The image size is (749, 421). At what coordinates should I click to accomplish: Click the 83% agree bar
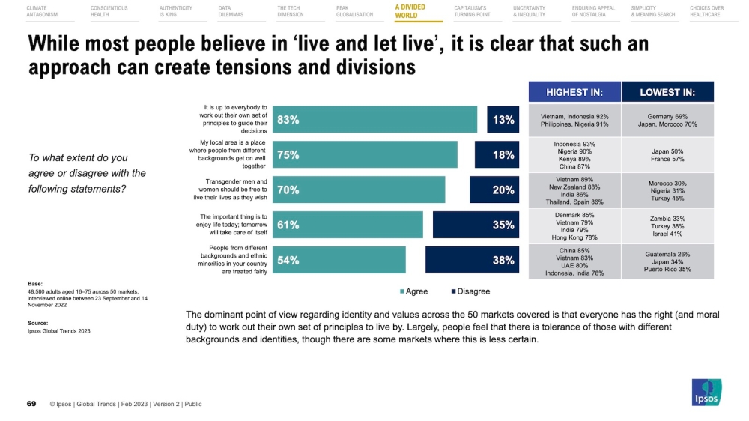374,120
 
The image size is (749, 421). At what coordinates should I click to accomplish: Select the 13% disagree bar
503,120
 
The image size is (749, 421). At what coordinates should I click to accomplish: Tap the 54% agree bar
339,261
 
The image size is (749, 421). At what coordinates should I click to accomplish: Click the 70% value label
288,190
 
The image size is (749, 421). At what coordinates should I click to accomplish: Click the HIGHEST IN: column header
575,93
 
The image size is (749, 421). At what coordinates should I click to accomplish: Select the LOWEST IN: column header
667,93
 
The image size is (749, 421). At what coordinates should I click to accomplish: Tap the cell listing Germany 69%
667,120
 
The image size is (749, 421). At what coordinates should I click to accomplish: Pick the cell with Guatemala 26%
667,261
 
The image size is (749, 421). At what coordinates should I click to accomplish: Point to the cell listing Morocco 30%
667,190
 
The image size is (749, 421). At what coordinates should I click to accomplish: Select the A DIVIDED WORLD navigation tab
410,11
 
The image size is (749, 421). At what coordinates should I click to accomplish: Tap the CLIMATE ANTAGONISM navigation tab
42,11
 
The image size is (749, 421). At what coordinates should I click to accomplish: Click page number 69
31,404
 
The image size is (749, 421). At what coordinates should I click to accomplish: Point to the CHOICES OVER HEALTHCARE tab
706,11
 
